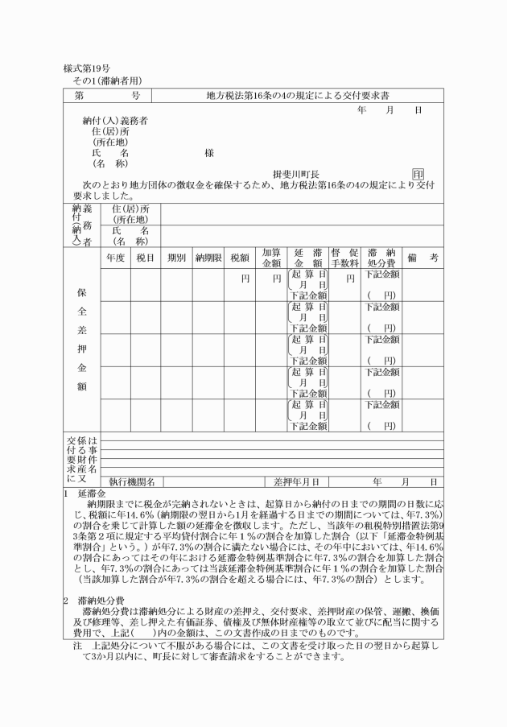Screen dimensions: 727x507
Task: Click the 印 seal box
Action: click(418, 174)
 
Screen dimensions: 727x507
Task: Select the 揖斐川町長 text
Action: click(296, 174)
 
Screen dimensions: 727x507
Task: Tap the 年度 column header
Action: click(115, 258)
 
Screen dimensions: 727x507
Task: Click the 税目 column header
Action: click(146, 258)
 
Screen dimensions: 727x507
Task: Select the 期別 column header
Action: click(176, 258)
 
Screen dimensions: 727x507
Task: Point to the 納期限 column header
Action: click(208, 258)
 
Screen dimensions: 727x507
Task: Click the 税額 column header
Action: click(239, 258)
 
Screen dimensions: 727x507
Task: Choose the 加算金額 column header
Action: click(271, 258)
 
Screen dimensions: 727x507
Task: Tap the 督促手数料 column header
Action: click(344, 258)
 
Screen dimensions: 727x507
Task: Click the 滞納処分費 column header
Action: click(381, 258)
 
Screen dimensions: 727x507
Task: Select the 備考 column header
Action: click(422, 258)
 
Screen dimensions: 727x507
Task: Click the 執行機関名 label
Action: click(132, 481)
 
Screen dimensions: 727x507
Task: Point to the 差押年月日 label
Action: click(297, 481)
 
